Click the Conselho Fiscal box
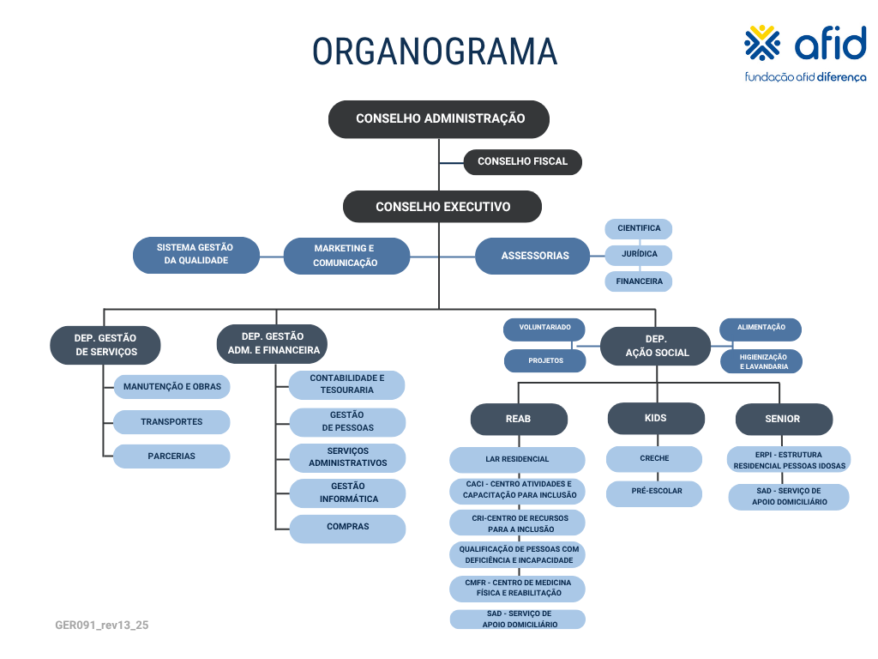click(522, 161)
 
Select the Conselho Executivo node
click(442, 206)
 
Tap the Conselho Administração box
click(439, 118)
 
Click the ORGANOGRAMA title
click(435, 51)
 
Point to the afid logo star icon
click(762, 43)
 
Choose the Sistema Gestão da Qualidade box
click(196, 255)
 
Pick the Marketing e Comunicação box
click(346, 256)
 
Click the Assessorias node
click(532, 256)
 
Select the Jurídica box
click(639, 254)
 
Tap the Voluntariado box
click(544, 329)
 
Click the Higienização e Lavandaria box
click(761, 361)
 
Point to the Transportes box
click(171, 422)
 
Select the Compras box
click(348, 529)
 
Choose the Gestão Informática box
click(348, 493)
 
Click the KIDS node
click(656, 418)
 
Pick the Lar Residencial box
click(517, 460)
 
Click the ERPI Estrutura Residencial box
click(789, 460)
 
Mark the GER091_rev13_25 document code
click(102, 625)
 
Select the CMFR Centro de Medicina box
click(517, 589)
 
